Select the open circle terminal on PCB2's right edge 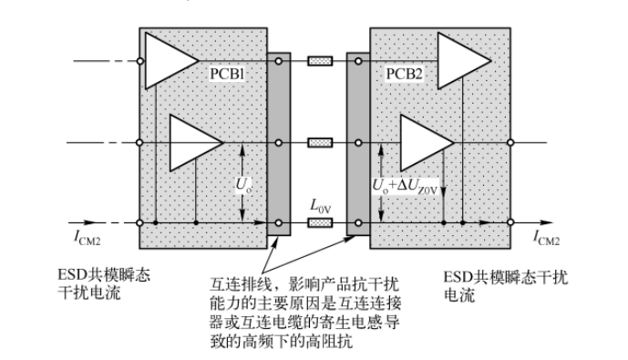(510, 142)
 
